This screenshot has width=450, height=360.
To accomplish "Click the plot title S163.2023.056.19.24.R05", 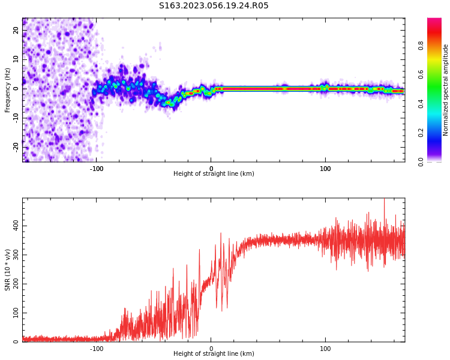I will point(214,6).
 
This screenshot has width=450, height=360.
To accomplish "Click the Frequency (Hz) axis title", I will point(8,89).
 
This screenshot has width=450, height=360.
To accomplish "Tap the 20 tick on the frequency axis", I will point(16,31).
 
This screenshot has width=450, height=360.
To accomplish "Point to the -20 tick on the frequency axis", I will point(15,146).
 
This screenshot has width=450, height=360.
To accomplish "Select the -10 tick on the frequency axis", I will point(15,117).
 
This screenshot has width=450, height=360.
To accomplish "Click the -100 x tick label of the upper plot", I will point(97,169).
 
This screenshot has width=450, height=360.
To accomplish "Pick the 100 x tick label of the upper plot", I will point(325,169).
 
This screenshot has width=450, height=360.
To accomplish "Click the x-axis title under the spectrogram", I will point(214,174).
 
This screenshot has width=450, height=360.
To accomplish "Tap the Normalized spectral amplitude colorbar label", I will point(446,90).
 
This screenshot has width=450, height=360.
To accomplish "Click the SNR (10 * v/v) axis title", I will point(8,269).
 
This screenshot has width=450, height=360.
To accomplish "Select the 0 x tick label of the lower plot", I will point(211,349).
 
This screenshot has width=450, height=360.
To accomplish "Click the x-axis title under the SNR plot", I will point(214,354).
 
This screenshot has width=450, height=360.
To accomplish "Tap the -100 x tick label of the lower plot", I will point(97,349).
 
